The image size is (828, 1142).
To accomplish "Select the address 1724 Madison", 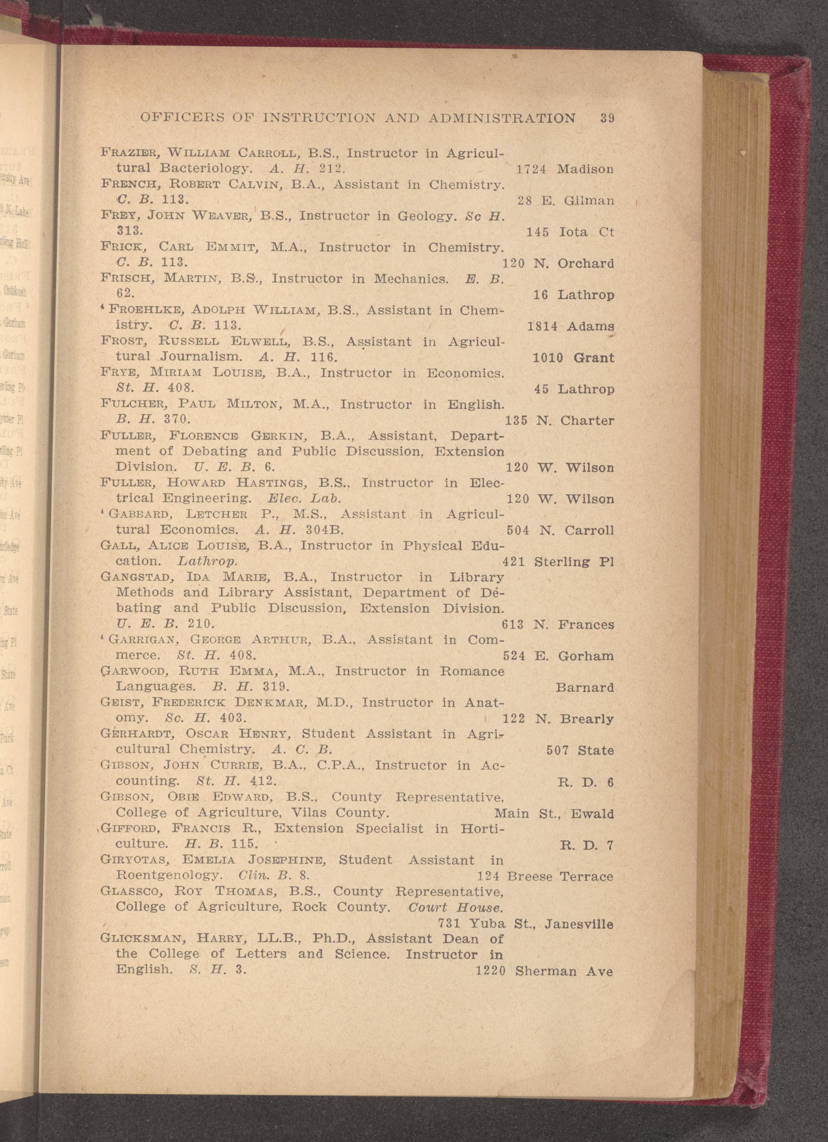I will click(565, 169).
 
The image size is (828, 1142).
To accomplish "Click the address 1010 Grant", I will click(573, 358).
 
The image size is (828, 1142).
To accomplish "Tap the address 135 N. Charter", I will click(559, 420).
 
